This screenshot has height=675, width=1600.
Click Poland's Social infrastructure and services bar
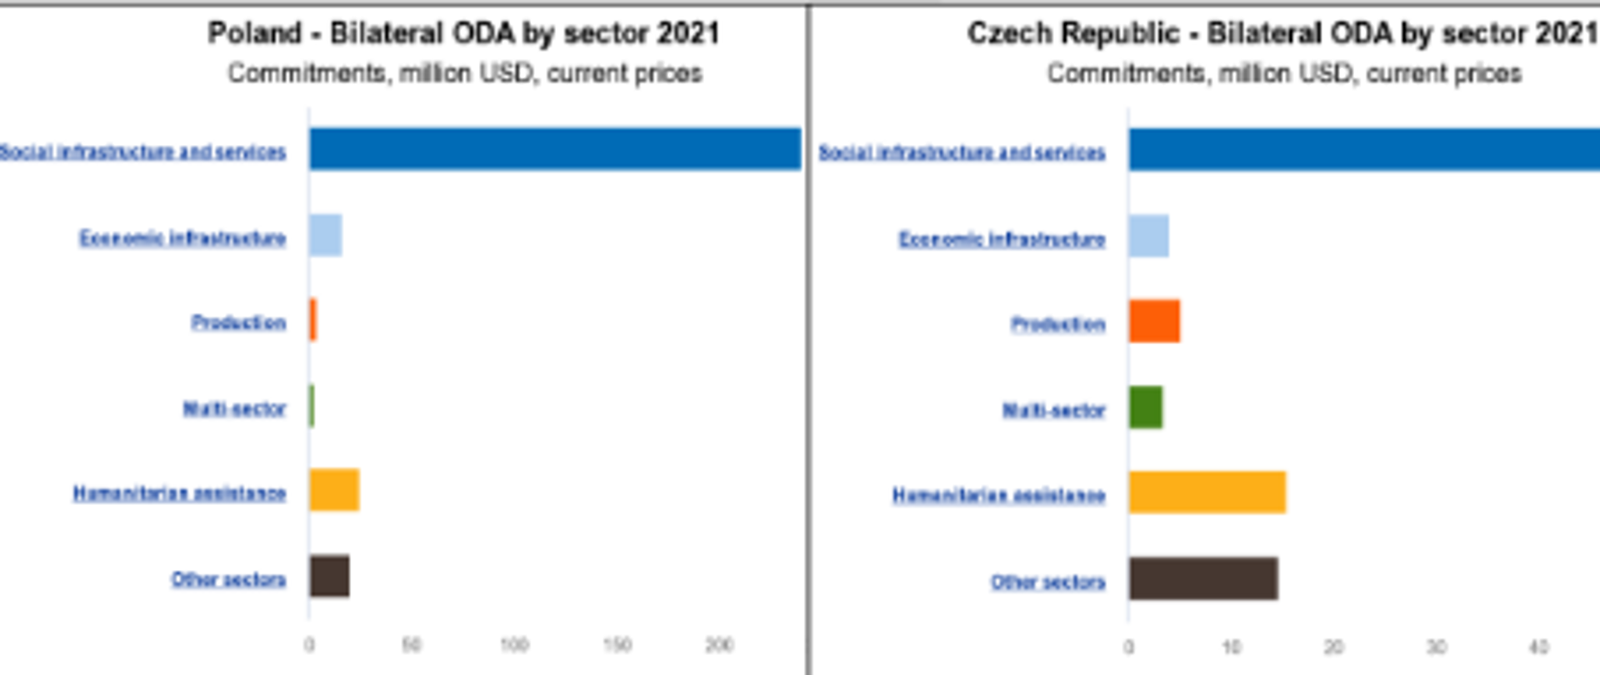(x=554, y=149)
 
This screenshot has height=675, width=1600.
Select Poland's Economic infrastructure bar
(x=325, y=235)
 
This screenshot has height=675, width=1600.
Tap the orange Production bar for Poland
(x=313, y=320)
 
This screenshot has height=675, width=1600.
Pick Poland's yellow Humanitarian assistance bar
(x=334, y=489)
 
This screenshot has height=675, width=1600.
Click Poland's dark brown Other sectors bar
(x=329, y=576)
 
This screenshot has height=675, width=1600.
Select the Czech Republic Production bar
(x=1154, y=322)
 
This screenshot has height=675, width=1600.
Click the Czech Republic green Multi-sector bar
(x=1146, y=407)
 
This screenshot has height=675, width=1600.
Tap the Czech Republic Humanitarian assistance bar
(x=1207, y=492)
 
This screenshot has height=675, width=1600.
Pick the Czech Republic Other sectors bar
(x=1203, y=579)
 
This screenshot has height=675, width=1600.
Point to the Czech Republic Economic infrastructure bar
(x=1148, y=236)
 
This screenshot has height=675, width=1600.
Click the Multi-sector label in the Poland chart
(x=234, y=408)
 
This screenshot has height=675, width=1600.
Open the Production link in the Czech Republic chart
(x=1057, y=323)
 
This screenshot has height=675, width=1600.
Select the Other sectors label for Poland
(x=228, y=579)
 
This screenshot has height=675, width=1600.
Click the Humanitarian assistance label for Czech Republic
(x=998, y=495)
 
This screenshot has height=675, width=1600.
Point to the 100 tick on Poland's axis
(x=514, y=644)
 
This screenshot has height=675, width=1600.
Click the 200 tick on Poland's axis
(x=719, y=644)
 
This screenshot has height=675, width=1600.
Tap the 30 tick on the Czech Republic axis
(x=1436, y=647)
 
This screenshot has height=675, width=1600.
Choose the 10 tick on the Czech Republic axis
(x=1231, y=647)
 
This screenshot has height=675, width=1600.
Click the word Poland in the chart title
(x=254, y=33)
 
